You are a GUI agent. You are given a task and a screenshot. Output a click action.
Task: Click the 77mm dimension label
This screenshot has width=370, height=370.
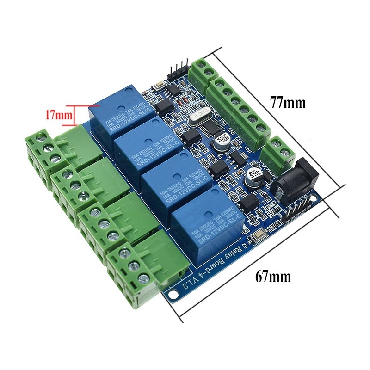pos(288,103)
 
